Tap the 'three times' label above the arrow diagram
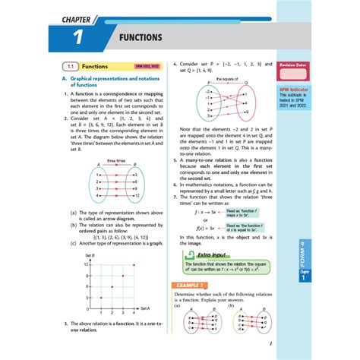115,160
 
